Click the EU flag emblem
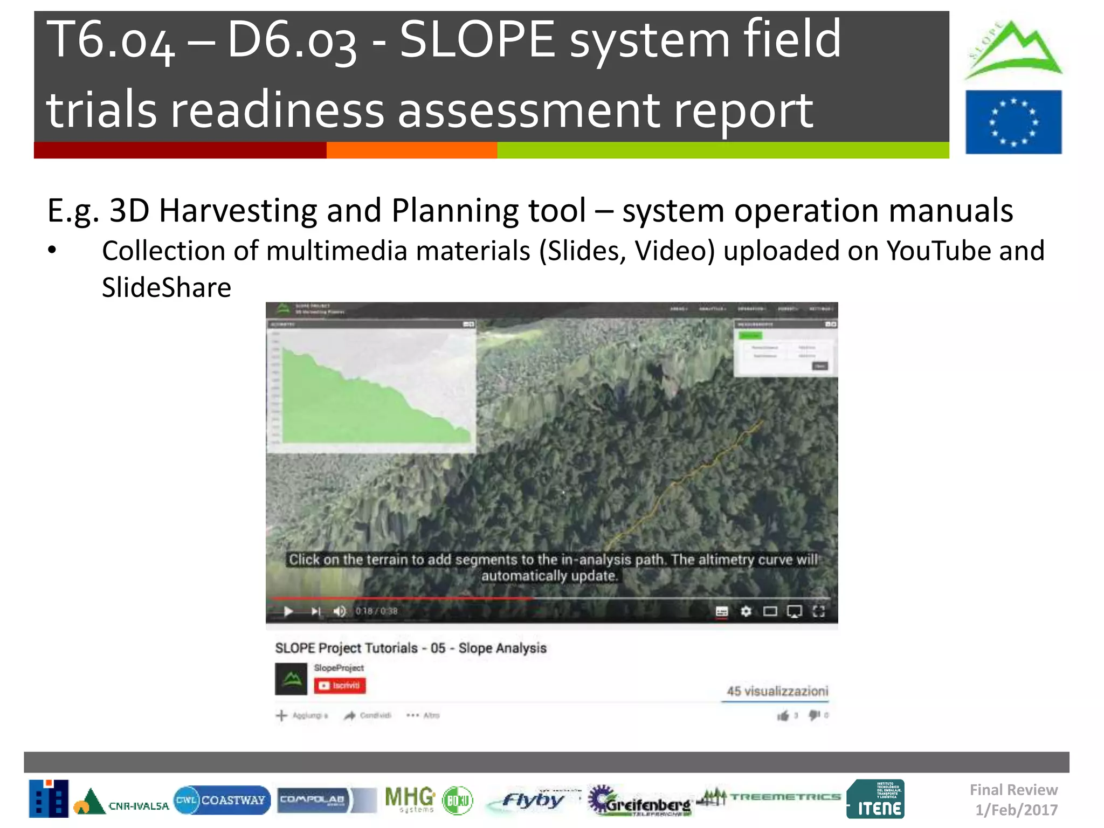coord(1013,122)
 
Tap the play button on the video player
coord(288,611)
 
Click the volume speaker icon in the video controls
coord(339,611)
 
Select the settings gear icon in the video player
coord(746,611)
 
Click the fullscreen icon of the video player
coord(819,611)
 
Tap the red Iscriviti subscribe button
coord(340,686)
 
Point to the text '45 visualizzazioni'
coord(777,691)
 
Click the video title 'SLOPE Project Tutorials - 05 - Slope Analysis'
coord(411,648)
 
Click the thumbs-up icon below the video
coord(783,716)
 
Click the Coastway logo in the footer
coord(222,800)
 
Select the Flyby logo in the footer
coord(532,801)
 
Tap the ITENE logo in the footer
coord(875,799)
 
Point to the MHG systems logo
coord(410,799)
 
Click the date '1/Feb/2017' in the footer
coord(1016,810)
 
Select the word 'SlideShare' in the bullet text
coord(167,287)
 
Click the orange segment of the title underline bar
coord(412,150)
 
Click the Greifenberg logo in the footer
coord(639,801)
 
